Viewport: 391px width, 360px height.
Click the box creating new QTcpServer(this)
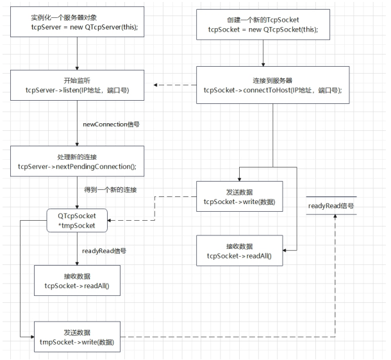(77, 24)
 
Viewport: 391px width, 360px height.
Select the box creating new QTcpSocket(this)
(273, 24)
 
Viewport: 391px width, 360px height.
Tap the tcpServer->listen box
(77, 86)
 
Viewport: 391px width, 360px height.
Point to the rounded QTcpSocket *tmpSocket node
(78, 219)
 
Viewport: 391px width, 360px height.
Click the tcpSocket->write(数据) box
(239, 195)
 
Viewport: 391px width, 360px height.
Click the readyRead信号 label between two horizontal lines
(331, 207)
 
